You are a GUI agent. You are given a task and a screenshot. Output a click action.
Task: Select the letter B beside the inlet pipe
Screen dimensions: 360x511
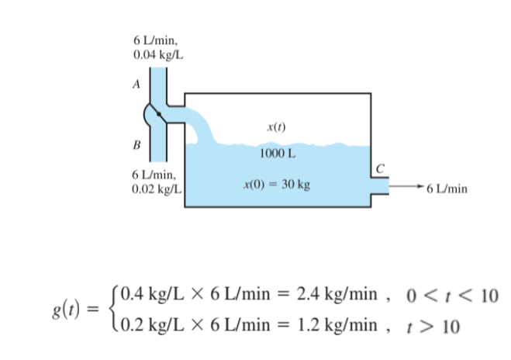coord(136,144)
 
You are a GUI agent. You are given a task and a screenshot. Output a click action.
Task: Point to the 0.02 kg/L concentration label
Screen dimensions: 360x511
coord(157,189)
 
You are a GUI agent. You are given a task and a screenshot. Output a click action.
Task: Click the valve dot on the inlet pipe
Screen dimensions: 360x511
coord(158,114)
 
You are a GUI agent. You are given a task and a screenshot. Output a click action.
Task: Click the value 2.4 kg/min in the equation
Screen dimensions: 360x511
coord(341,296)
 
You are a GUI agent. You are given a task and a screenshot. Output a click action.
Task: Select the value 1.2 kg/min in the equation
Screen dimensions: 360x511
coord(341,325)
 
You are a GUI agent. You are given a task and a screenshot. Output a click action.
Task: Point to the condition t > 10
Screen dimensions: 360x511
coord(437,325)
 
